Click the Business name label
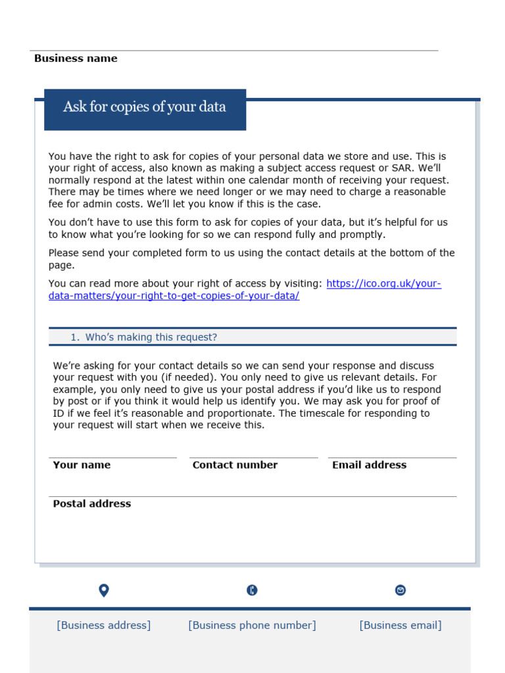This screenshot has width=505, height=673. click(76, 58)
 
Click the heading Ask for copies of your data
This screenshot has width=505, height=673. click(145, 107)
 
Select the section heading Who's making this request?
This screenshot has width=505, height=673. click(151, 337)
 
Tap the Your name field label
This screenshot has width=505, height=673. click(82, 465)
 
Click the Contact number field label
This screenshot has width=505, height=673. click(235, 465)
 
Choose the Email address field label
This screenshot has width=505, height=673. click(369, 465)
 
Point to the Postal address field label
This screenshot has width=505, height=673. click(91, 504)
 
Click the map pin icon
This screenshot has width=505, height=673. click(103, 590)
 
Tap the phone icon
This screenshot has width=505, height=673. click(252, 590)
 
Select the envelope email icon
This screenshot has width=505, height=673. click(400, 590)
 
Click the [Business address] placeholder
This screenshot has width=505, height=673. click(104, 626)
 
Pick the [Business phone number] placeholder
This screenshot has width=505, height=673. click(252, 626)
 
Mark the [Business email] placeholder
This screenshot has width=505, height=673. click(400, 626)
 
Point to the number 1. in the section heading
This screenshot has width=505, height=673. click(75, 337)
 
